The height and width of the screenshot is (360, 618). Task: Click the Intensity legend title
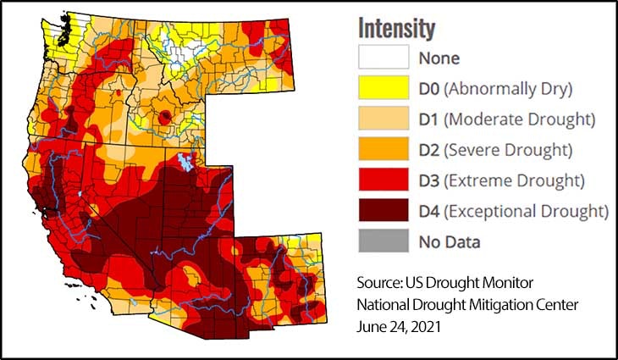[x=396, y=28]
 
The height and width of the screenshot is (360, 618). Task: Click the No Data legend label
[x=450, y=241]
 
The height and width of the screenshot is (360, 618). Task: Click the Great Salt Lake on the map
[x=183, y=160]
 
